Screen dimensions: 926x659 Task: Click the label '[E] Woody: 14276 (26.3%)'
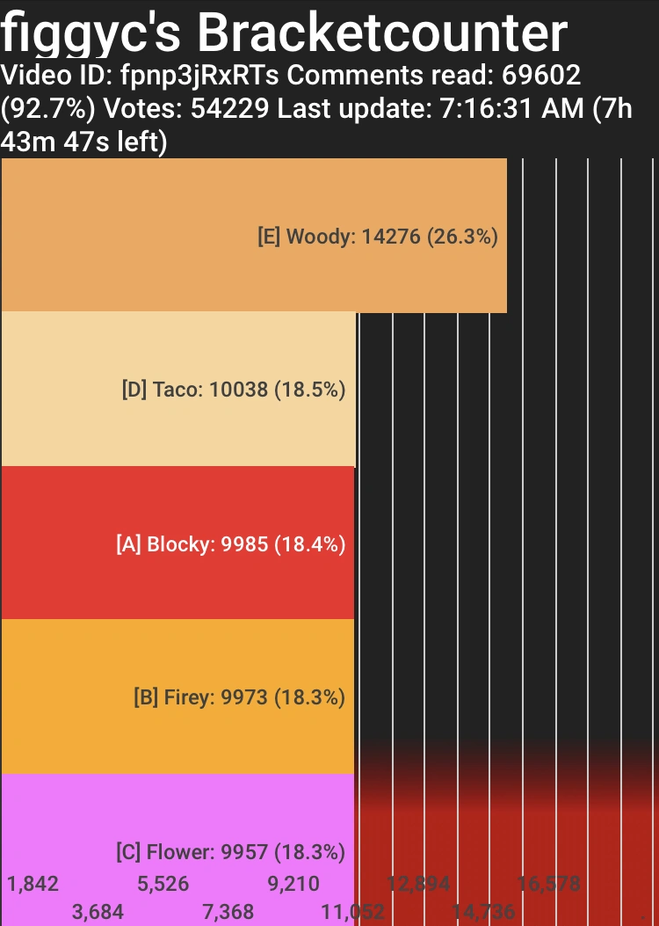[x=378, y=237]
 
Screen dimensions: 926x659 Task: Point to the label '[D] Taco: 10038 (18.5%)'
[x=234, y=390]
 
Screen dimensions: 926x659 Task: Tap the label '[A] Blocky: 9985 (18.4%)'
[x=230, y=544]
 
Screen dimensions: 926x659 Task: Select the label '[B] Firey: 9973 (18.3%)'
[x=239, y=698]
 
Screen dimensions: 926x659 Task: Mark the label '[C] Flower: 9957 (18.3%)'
[x=230, y=852]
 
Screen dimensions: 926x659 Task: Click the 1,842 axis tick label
[x=33, y=884]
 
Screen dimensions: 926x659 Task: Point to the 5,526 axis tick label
[x=163, y=884]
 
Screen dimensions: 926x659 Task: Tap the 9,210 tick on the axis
[x=293, y=884]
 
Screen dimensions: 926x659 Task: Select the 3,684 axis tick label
[x=98, y=912]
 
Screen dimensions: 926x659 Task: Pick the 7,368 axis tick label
[x=228, y=912]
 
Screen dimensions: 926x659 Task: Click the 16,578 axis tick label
[x=549, y=884]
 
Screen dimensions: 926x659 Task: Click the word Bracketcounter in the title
[x=381, y=33]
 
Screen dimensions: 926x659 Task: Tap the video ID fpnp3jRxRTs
[x=199, y=76]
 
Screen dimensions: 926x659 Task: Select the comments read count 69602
[x=540, y=76]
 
